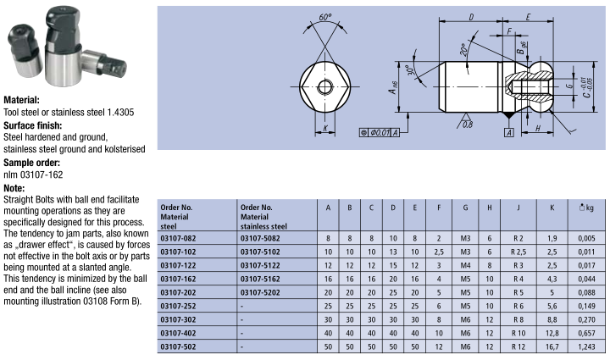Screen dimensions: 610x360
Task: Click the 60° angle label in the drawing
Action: [x=325, y=18]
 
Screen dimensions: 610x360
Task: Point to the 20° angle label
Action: [x=463, y=50]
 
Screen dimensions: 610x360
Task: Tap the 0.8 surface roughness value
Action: [x=468, y=125]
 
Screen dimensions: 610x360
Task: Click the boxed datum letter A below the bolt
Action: [x=509, y=133]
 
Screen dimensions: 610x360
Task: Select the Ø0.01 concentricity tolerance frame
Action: [x=380, y=133]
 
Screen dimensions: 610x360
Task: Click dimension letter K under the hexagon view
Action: [x=325, y=128]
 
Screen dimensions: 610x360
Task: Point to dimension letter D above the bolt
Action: [x=471, y=18]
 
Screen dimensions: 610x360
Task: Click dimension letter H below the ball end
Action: [x=538, y=128]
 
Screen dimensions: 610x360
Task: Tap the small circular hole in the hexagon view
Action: [x=324, y=86]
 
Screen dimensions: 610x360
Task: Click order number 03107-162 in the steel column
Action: [x=178, y=279]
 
